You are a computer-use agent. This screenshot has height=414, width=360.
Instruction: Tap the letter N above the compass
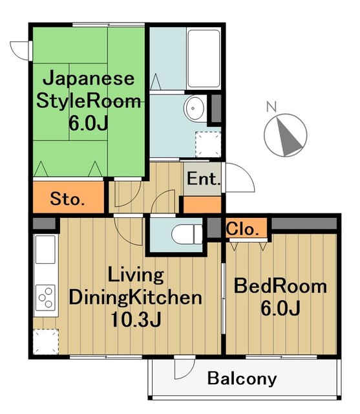click(x=271, y=106)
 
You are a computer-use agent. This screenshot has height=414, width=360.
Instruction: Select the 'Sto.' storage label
click(x=67, y=199)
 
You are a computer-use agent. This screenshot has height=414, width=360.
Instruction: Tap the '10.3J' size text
click(x=135, y=319)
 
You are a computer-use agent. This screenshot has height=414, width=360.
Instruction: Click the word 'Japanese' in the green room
click(x=89, y=79)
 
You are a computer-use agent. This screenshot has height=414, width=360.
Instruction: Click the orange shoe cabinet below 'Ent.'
click(x=202, y=204)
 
